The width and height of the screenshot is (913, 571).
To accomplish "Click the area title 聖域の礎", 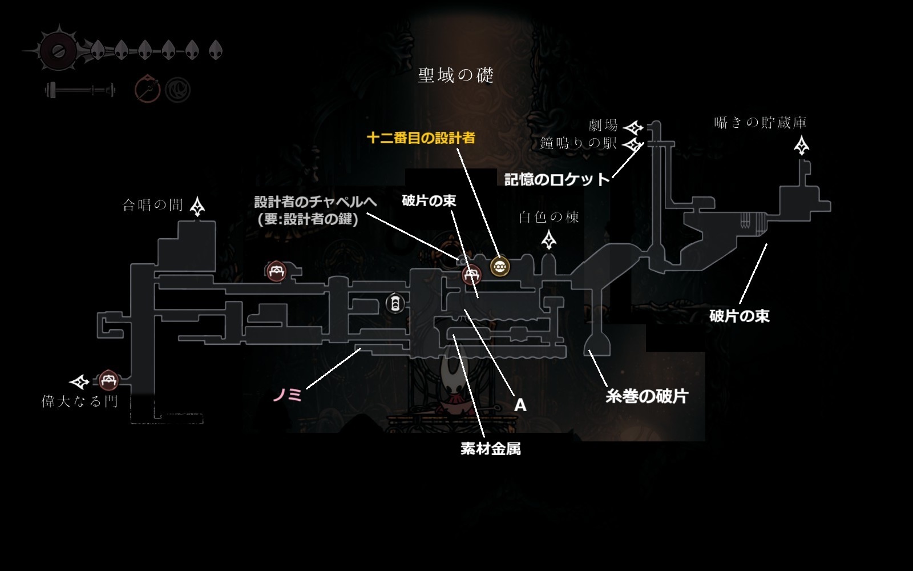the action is click(x=456, y=75).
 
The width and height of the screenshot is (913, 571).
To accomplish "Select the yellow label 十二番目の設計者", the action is click(x=421, y=138).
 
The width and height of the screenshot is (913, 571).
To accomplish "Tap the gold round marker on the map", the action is click(x=500, y=267).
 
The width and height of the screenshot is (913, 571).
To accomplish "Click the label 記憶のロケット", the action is click(x=557, y=179).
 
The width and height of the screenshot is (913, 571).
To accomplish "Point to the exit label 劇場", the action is click(x=603, y=125).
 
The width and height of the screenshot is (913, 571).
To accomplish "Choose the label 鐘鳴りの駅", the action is click(x=579, y=143).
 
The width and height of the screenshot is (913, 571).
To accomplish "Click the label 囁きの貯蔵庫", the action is click(x=760, y=122).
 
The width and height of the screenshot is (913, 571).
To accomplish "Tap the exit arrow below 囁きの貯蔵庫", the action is click(x=801, y=145).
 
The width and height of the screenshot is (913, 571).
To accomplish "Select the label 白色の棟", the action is click(x=548, y=217).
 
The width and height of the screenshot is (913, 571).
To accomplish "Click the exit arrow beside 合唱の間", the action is click(x=197, y=206).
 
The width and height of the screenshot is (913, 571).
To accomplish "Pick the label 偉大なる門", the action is click(x=79, y=401).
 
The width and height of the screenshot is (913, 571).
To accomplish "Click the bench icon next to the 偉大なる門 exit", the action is click(x=108, y=380).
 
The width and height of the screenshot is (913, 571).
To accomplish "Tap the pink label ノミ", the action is click(x=288, y=395).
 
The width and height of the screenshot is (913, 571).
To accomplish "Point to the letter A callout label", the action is click(x=520, y=405).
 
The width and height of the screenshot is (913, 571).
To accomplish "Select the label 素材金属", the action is click(x=490, y=449).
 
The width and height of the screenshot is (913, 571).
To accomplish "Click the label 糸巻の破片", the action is click(x=647, y=396).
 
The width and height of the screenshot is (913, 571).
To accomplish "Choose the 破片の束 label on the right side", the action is click(x=740, y=316).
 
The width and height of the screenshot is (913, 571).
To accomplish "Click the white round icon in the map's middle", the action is click(x=395, y=303).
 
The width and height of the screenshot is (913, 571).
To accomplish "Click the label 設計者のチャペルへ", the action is click(x=316, y=202).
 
